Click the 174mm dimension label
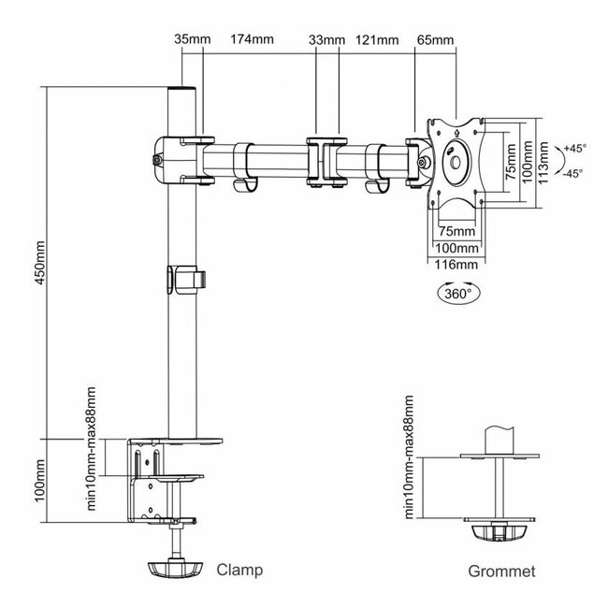(252, 39)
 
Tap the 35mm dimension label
(193, 39)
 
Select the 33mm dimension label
(326, 40)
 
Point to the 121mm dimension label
(377, 40)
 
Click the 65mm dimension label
(436, 40)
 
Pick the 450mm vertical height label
(40, 263)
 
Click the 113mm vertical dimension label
(543, 163)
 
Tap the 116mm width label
(456, 265)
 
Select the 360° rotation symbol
(458, 293)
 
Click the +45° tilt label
(575, 149)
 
